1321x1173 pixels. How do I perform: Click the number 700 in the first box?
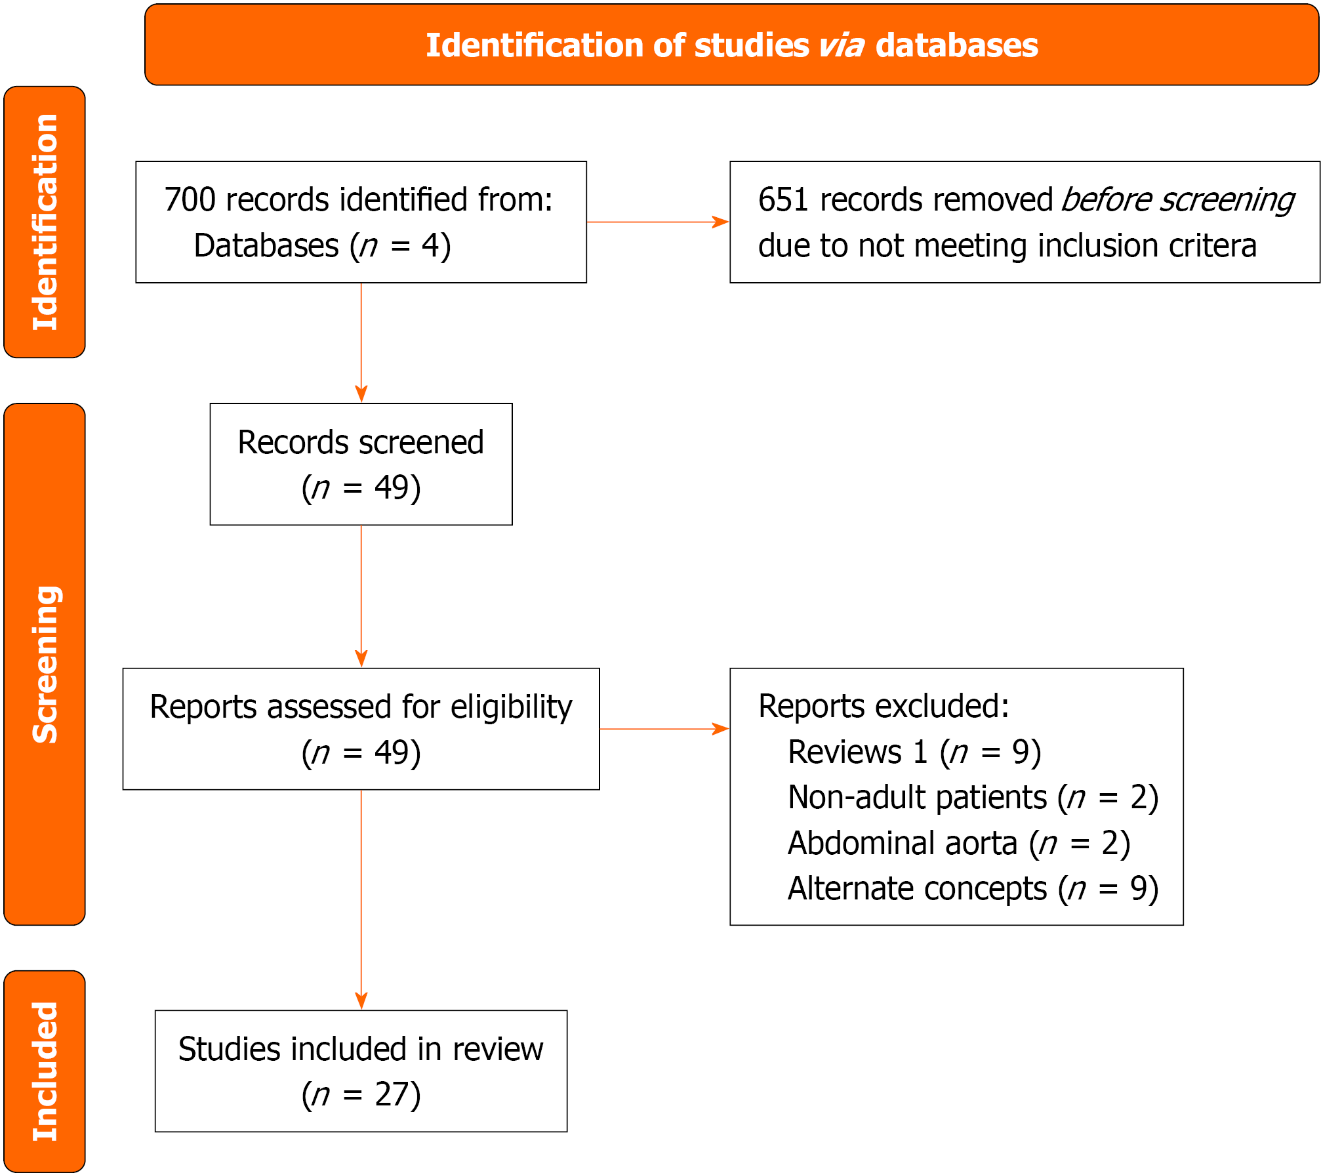[x=190, y=199]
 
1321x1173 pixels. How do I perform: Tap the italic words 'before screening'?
[x=1178, y=199]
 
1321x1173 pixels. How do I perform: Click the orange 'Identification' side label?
[x=45, y=222]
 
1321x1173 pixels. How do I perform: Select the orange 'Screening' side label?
[x=45, y=664]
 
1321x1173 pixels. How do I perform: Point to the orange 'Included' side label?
[x=45, y=1071]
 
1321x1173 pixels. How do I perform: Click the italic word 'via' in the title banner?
[x=841, y=45]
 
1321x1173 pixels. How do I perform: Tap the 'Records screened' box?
[x=361, y=464]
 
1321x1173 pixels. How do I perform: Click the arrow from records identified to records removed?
[x=657, y=222]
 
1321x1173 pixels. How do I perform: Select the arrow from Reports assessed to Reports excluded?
[x=664, y=729]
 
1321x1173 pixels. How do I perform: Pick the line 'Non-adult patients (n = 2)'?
[x=973, y=798]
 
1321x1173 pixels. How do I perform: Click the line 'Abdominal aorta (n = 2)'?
[x=958, y=844]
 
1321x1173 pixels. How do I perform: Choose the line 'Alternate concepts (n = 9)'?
[x=973, y=889]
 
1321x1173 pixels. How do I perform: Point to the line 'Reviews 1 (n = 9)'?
[x=914, y=752]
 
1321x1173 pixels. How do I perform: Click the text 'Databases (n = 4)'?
[x=322, y=245]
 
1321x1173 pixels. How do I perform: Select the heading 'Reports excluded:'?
[x=883, y=707]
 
